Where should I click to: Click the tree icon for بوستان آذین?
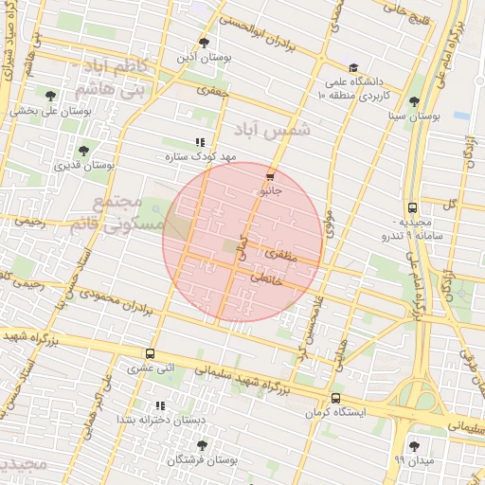pyautogui.click(x=204, y=43)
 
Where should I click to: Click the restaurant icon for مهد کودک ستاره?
pyautogui.click(x=199, y=142)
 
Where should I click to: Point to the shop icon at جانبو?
pyautogui.click(x=271, y=176)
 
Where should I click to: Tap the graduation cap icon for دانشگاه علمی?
pyautogui.click(x=353, y=68)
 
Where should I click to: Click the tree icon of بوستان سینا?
pyautogui.click(x=413, y=101)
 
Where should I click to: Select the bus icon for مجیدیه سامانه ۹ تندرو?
pyautogui.click(x=412, y=208)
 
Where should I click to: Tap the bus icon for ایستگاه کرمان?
pyautogui.click(x=335, y=399)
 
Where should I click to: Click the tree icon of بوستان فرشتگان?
pyautogui.click(x=201, y=444)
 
